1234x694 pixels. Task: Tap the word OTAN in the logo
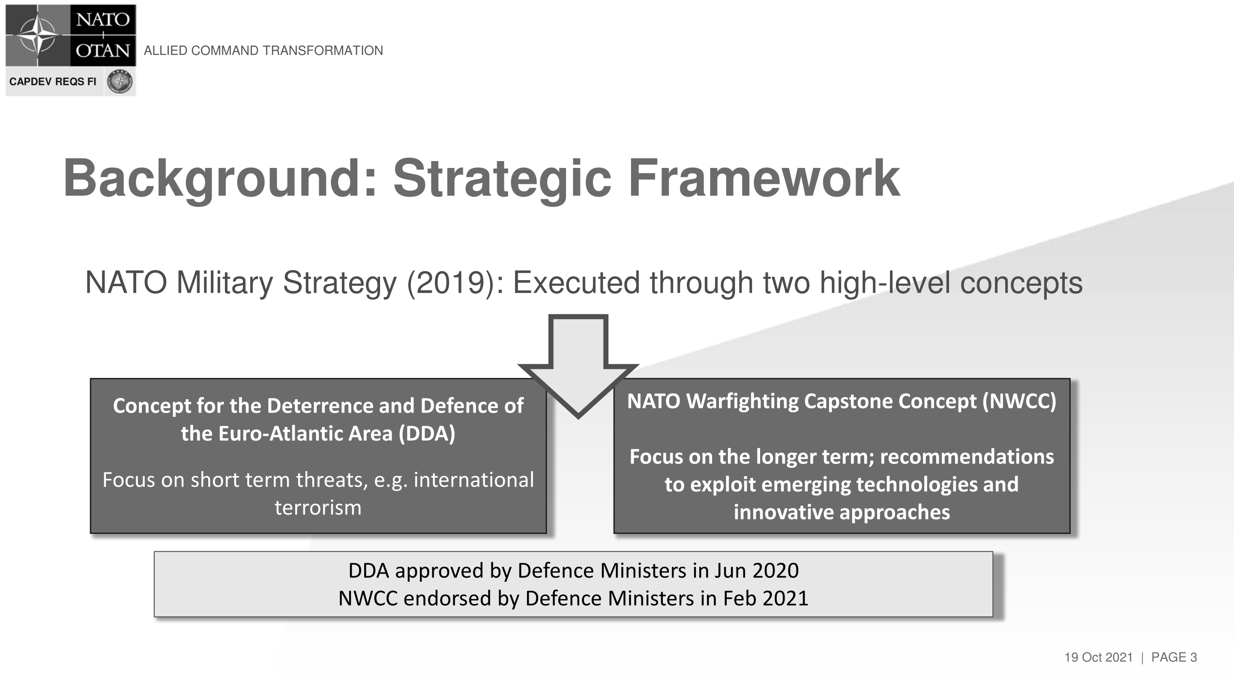click(x=103, y=50)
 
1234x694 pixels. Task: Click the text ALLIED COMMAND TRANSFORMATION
click(x=264, y=50)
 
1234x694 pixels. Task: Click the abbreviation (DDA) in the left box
click(x=427, y=434)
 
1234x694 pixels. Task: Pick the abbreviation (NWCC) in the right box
click(x=1019, y=401)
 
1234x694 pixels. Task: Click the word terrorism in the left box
click(x=318, y=507)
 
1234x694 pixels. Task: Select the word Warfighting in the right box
click(x=742, y=401)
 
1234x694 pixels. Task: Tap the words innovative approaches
click(x=842, y=512)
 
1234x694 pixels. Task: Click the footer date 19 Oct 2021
click(x=1099, y=657)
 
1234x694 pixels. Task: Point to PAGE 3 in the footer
click(x=1174, y=657)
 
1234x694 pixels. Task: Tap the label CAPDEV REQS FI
click(x=53, y=81)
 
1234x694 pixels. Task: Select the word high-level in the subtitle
click(x=885, y=283)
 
